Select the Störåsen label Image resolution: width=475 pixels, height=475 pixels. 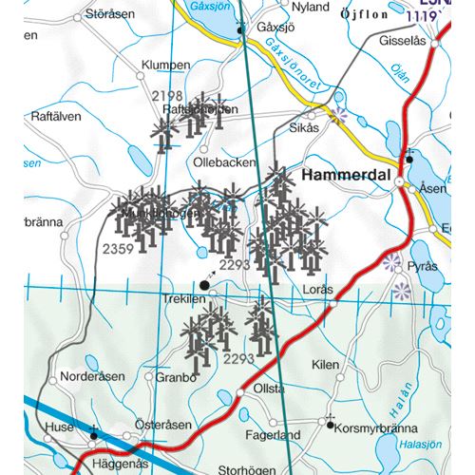(110, 14)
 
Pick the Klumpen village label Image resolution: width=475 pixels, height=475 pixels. (165, 66)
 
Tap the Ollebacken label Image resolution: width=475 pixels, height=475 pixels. (224, 162)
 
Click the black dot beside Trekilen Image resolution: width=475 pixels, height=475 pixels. (204, 284)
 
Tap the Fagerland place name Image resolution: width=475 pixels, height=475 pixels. (273, 435)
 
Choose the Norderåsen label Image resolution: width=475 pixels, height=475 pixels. (91, 376)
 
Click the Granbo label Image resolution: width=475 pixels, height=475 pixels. (176, 376)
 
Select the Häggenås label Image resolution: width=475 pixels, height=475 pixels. (122, 464)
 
